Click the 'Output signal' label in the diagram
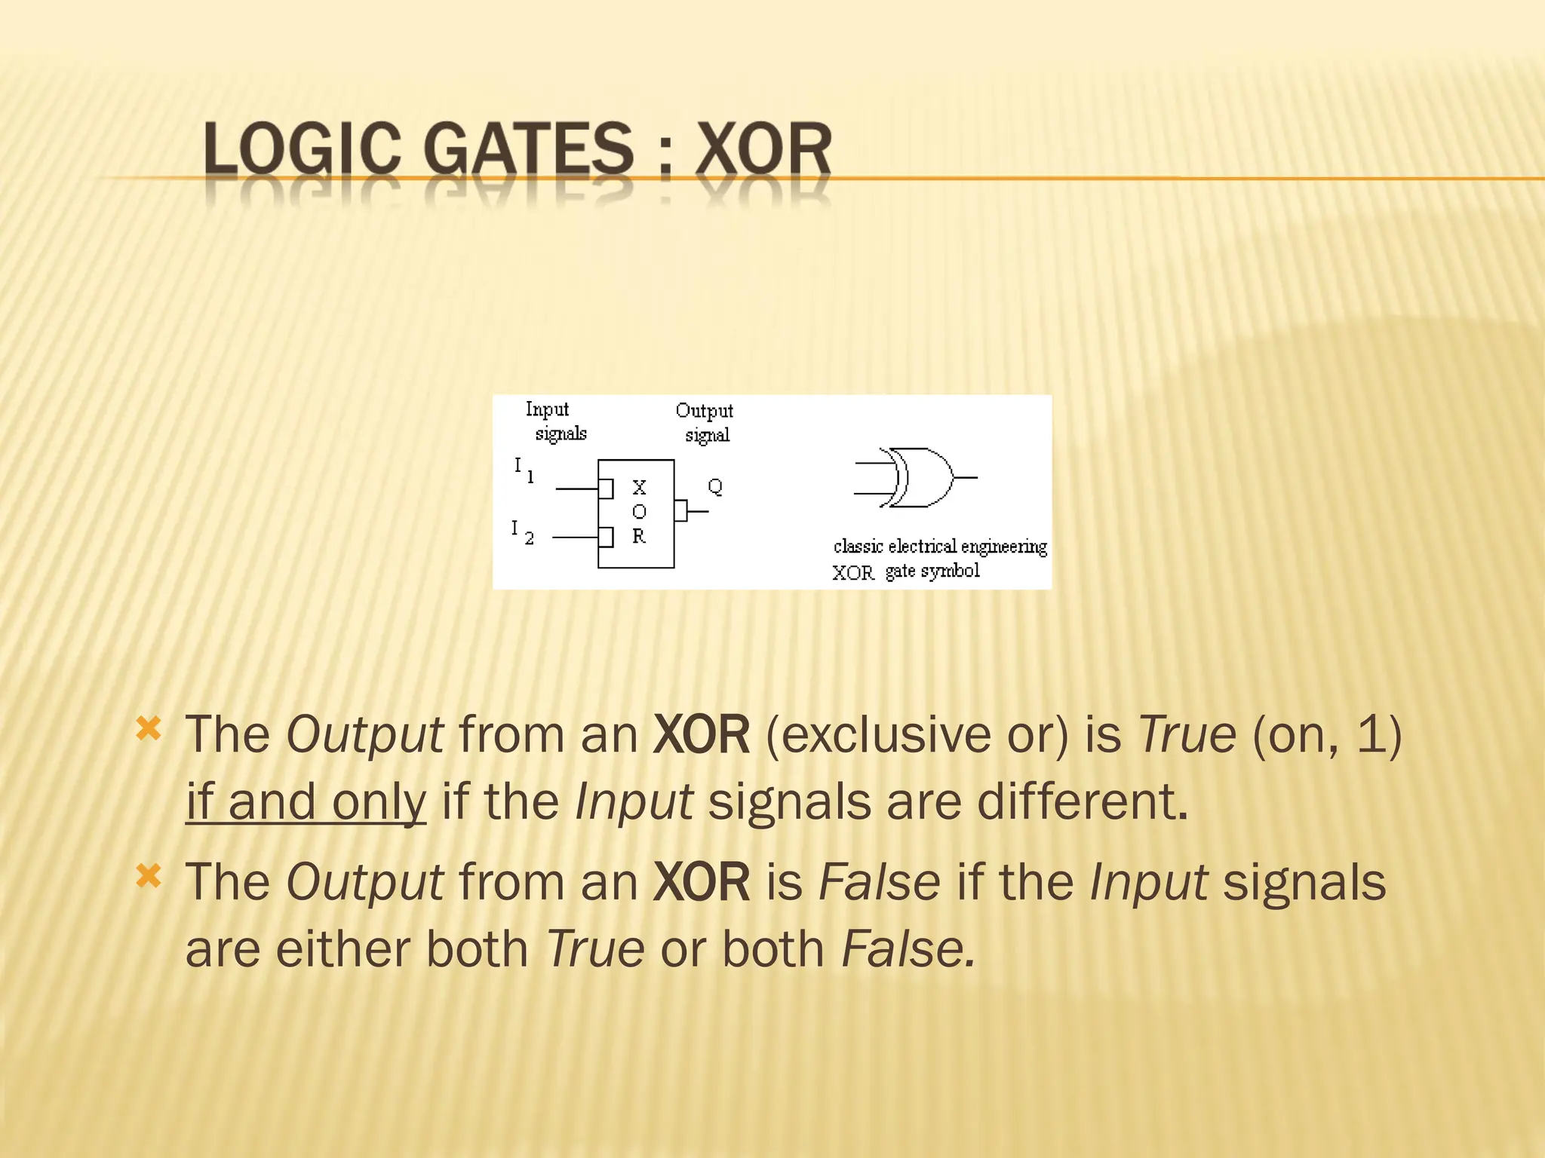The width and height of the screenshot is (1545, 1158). [705, 422]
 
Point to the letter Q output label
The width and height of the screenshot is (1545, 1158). [715, 486]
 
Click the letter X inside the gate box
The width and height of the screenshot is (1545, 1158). [639, 487]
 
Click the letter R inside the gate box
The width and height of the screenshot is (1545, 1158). [639, 536]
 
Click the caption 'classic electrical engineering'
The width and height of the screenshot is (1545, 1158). [940, 546]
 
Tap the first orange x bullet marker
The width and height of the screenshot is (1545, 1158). [149, 728]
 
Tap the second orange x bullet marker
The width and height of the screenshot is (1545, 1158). [149, 876]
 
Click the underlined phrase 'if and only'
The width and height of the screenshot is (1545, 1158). [306, 801]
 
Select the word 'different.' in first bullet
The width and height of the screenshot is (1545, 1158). [1083, 801]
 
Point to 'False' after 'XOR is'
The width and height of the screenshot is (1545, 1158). [880, 882]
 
